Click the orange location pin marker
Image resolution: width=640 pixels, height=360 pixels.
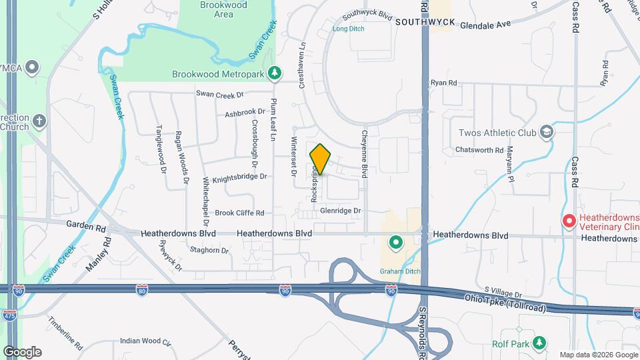320,159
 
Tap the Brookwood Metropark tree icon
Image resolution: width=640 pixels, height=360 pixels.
273,73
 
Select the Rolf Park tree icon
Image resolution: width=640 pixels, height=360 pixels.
539,343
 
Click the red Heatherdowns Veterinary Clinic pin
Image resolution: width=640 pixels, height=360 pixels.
569,221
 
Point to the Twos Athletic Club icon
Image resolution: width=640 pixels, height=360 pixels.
547,132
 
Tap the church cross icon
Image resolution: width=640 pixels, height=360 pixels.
39,121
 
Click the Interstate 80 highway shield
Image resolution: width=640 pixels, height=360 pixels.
141,289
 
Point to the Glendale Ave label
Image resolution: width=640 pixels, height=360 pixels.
485,23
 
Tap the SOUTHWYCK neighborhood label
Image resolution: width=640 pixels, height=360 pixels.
425,22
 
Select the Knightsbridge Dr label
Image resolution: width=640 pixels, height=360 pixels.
239,177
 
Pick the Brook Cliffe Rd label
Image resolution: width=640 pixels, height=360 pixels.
239,213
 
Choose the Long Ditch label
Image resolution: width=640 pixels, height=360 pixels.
349,29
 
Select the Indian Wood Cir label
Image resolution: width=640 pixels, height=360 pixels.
146,341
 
